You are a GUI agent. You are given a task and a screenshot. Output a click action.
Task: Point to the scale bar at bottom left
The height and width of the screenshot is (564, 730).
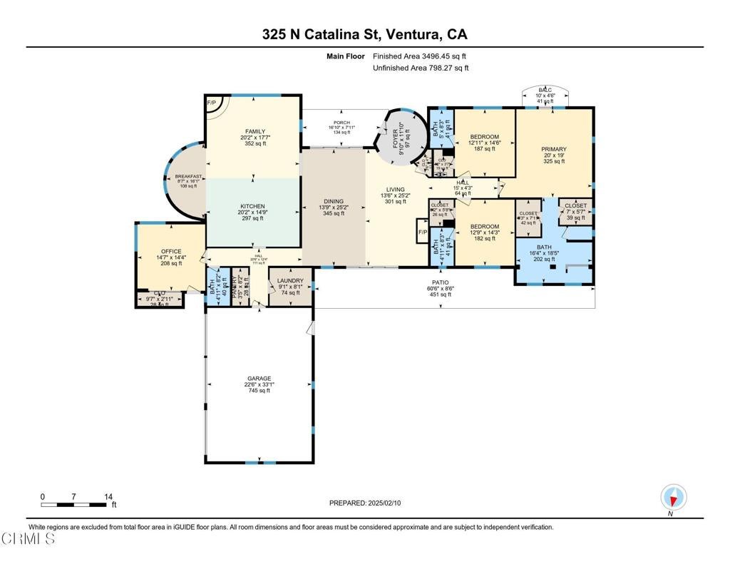[76, 505]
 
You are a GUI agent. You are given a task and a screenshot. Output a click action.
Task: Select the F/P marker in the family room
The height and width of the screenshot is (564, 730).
[212, 103]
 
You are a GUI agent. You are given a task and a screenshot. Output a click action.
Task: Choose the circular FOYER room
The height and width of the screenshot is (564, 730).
[401, 135]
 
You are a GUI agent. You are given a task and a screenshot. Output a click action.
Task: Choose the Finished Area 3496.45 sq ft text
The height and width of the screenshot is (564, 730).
[420, 56]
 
